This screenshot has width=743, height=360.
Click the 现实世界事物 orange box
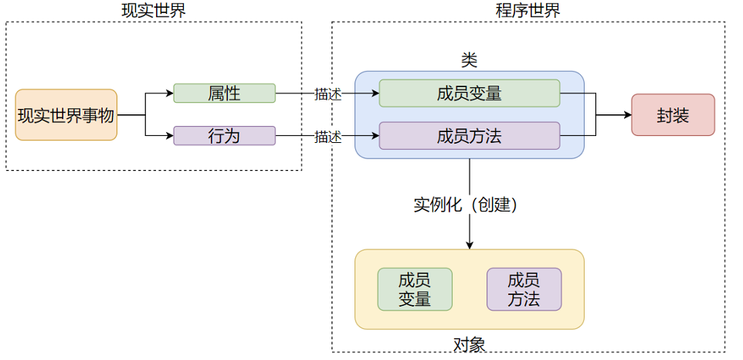click(66, 115)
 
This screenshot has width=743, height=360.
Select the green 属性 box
click(224, 93)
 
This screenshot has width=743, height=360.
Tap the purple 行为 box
click(224, 137)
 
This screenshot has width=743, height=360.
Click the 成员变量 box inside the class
click(470, 93)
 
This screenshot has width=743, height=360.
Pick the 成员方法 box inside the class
click(470, 137)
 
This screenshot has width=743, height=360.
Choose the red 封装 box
click(673, 115)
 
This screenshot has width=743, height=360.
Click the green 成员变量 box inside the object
click(415, 290)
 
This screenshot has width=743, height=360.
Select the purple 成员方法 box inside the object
click(524, 290)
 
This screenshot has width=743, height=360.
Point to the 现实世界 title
click(154, 10)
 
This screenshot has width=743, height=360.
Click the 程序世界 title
click(528, 10)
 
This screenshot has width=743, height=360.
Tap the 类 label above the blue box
click(469, 59)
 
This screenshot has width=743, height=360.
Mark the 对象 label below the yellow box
click(469, 345)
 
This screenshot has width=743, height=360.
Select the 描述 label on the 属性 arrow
click(327, 94)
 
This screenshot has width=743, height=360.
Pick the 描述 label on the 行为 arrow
click(327, 138)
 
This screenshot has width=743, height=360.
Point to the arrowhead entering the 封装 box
click(628, 115)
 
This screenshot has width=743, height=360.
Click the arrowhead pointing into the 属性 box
click(170, 93)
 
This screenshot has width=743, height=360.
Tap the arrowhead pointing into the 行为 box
click(170, 137)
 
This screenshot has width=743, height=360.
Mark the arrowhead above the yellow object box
click(470, 245)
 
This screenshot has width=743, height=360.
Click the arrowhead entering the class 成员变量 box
click(375, 93)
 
